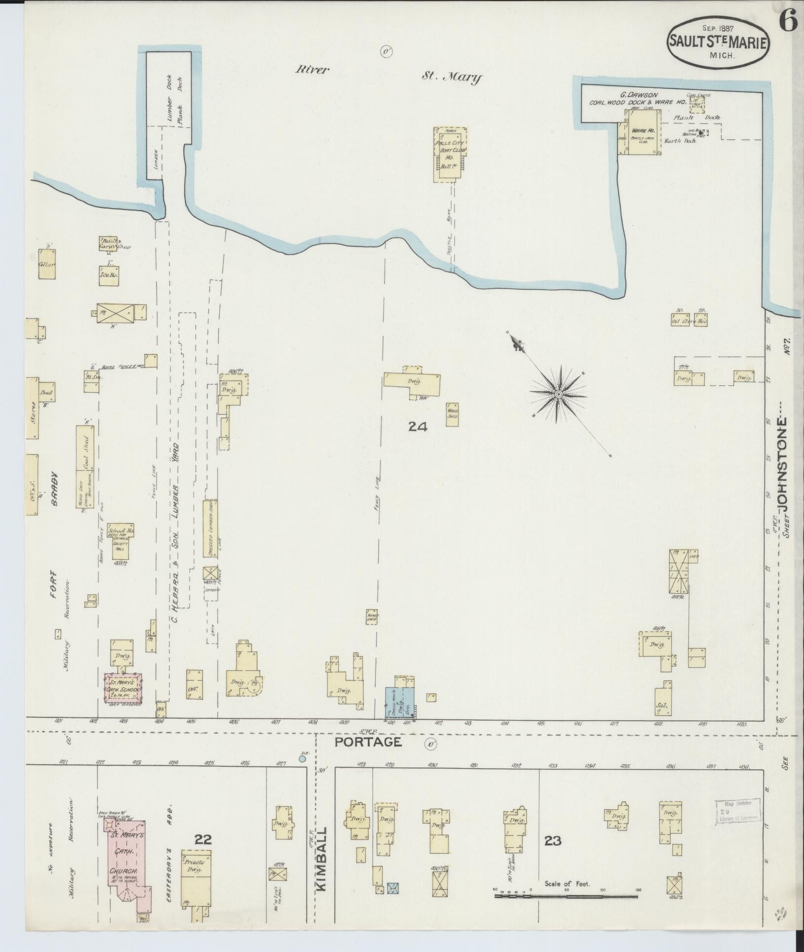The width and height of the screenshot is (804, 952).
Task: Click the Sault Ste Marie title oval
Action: (x=718, y=42)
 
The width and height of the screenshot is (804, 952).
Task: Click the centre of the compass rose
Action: (x=558, y=394)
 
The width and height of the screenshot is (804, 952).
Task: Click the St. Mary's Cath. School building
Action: (x=122, y=687)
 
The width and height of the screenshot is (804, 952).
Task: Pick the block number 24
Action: (x=417, y=427)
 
